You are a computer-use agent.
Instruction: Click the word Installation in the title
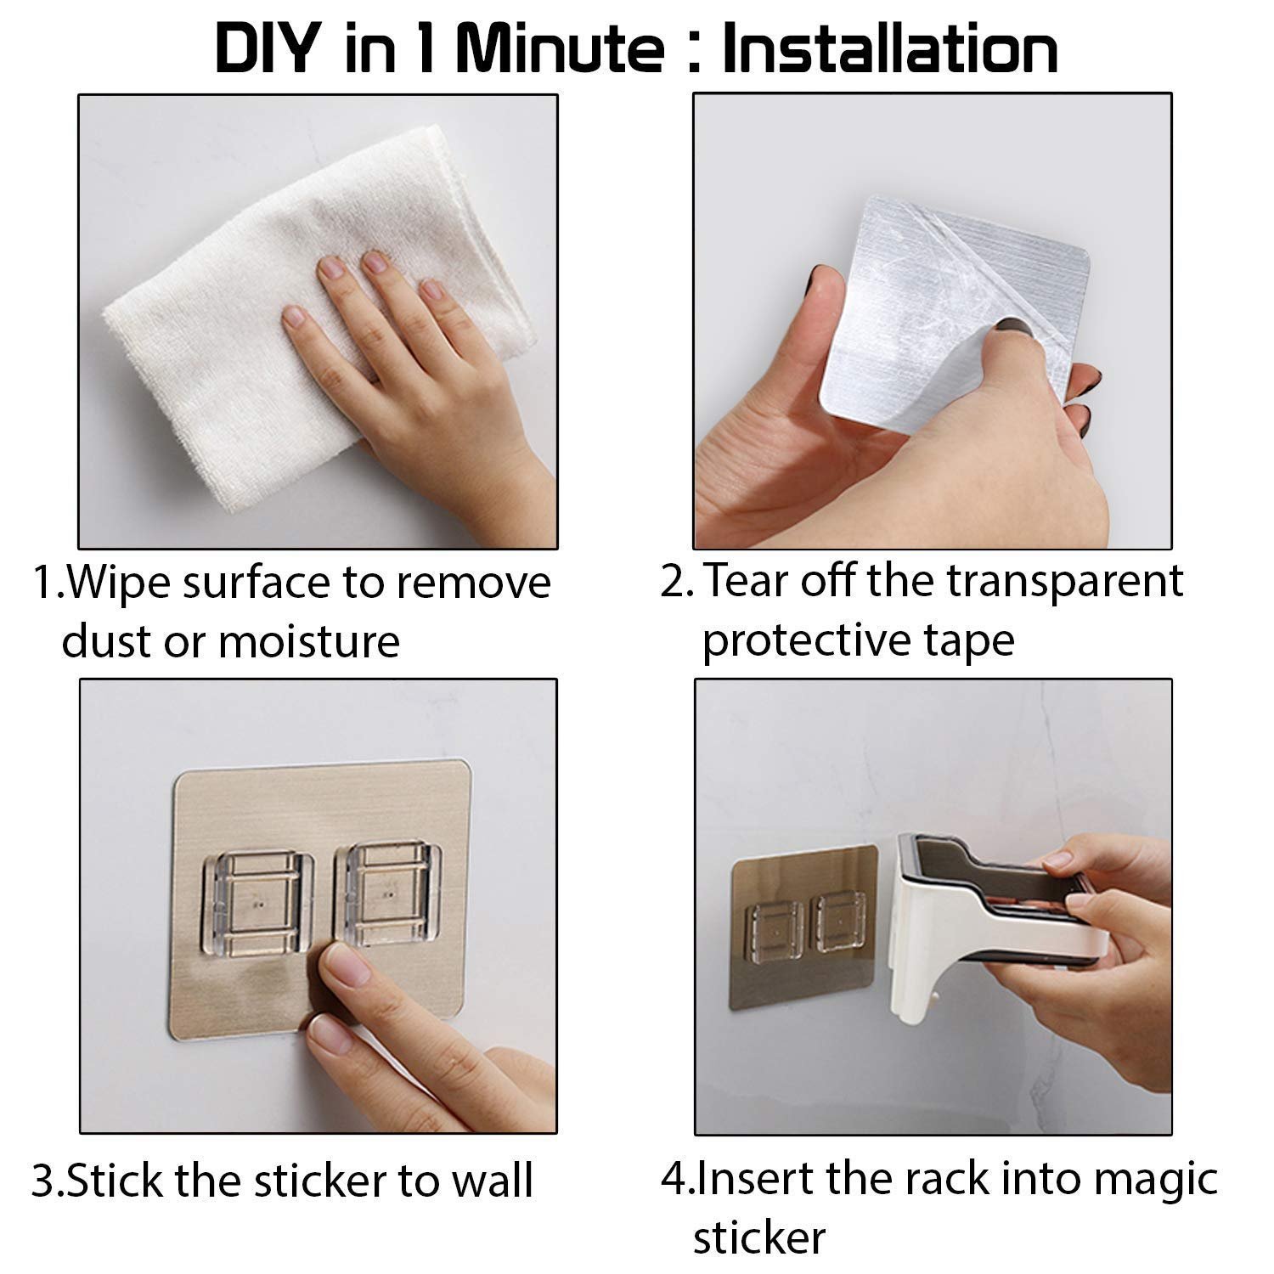coord(890,49)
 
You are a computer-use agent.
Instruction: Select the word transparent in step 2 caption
coord(1064,583)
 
